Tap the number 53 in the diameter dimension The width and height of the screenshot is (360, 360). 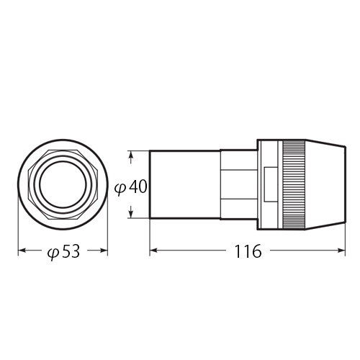70,252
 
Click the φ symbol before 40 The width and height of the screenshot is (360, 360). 120,187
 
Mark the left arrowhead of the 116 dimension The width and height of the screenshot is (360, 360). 153,251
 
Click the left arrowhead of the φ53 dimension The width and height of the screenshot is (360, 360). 21,251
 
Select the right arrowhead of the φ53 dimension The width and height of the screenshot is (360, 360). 104,251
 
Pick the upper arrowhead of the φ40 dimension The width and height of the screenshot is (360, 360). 132,155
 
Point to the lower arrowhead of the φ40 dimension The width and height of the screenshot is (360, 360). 132,214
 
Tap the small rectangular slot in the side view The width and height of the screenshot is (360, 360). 269,184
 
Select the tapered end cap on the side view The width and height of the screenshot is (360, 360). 325,184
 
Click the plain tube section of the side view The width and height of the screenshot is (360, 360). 184,184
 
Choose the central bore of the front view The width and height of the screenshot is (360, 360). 63,184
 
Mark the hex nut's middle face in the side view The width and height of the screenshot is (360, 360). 238,184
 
